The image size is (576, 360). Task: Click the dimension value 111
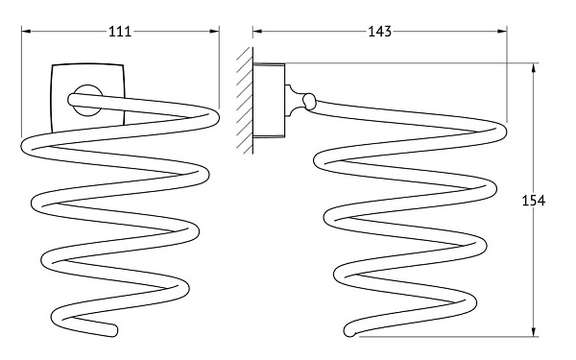(x=120, y=32)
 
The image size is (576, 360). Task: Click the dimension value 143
(x=380, y=32)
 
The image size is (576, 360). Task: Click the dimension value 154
(x=534, y=201)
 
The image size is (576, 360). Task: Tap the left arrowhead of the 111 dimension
(x=26, y=32)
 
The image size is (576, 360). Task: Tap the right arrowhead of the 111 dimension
(x=214, y=32)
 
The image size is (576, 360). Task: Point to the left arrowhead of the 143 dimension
(x=257, y=32)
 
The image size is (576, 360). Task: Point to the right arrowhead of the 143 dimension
(x=502, y=32)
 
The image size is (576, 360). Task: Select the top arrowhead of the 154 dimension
(x=534, y=68)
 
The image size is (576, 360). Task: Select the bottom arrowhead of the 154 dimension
(x=534, y=331)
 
